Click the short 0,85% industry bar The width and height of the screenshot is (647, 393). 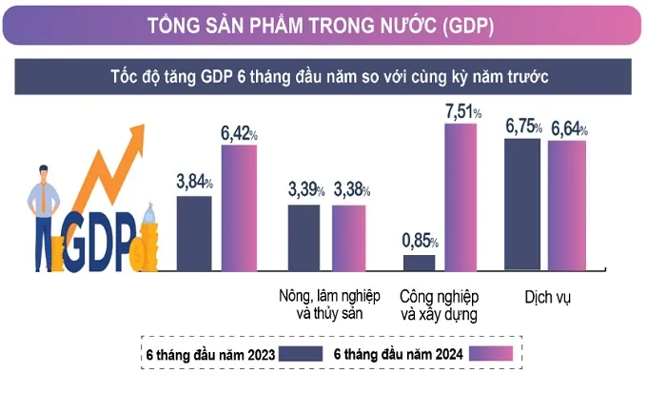pos(419,263)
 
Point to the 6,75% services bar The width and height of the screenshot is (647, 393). pos(522,205)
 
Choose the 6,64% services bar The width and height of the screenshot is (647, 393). pos(567,206)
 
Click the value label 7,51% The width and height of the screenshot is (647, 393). pos(461,113)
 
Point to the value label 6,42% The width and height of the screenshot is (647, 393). pos(240,134)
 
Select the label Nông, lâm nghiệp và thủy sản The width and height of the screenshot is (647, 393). pos(325,304)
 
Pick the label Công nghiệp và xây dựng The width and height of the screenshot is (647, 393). pos(440,304)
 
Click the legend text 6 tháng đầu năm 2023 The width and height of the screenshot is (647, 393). pos(211,355)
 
